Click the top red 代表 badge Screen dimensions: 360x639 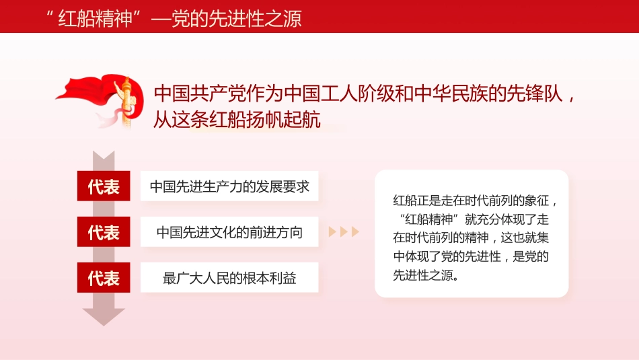pos(104,186)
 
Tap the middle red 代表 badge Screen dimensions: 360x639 pos(104,232)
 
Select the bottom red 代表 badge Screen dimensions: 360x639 pos(104,277)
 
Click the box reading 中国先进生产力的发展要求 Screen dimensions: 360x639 pos(229,186)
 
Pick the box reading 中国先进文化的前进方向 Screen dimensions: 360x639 pos(229,232)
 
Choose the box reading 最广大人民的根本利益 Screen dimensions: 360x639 pos(229,277)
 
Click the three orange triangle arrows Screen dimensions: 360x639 pos(344,232)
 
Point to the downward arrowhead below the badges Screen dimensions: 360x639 pos(104,316)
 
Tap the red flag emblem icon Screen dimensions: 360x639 pos(101,101)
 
